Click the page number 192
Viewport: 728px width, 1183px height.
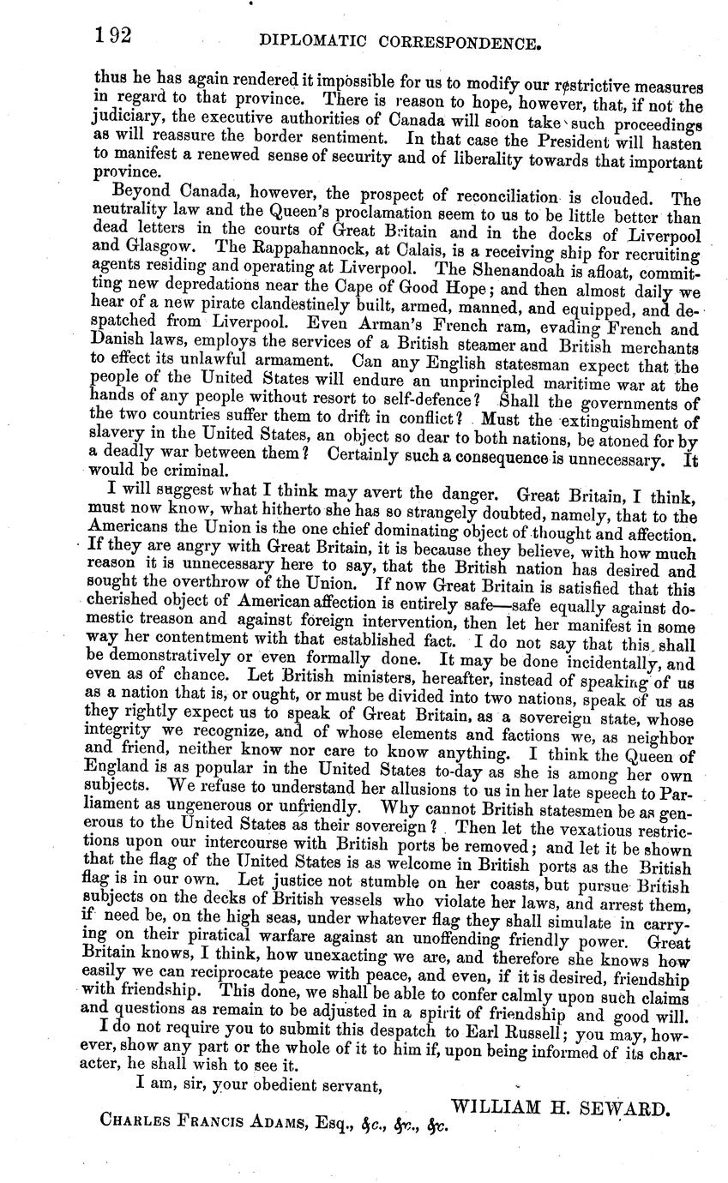(x=112, y=36)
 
